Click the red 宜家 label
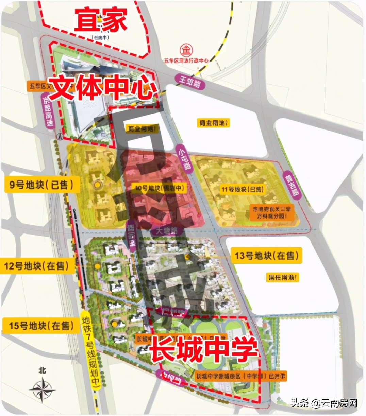(101, 19)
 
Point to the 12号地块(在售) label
(36, 266)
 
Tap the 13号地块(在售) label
(267, 255)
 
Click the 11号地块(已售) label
(243, 189)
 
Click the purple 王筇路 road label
(190, 82)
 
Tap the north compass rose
(42, 387)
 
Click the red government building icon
(186, 51)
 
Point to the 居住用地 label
(282, 277)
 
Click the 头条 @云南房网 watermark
(323, 403)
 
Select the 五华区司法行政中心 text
(186, 60)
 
